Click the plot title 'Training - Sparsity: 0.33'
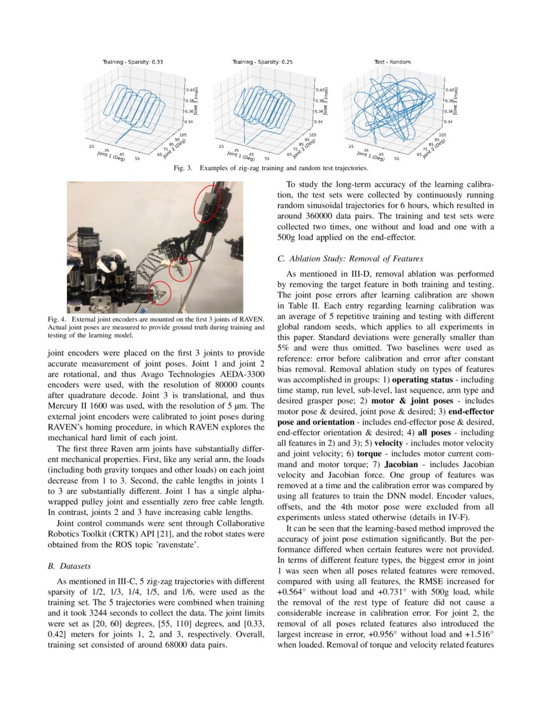133,62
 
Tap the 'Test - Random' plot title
392,62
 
